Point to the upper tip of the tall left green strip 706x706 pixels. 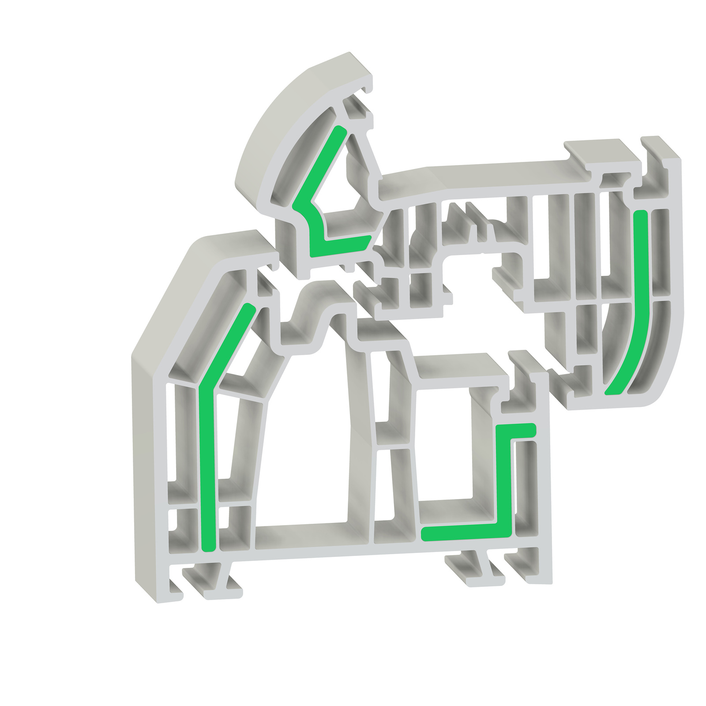tap(250, 307)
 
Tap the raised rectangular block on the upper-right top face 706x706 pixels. tap(596, 150)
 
